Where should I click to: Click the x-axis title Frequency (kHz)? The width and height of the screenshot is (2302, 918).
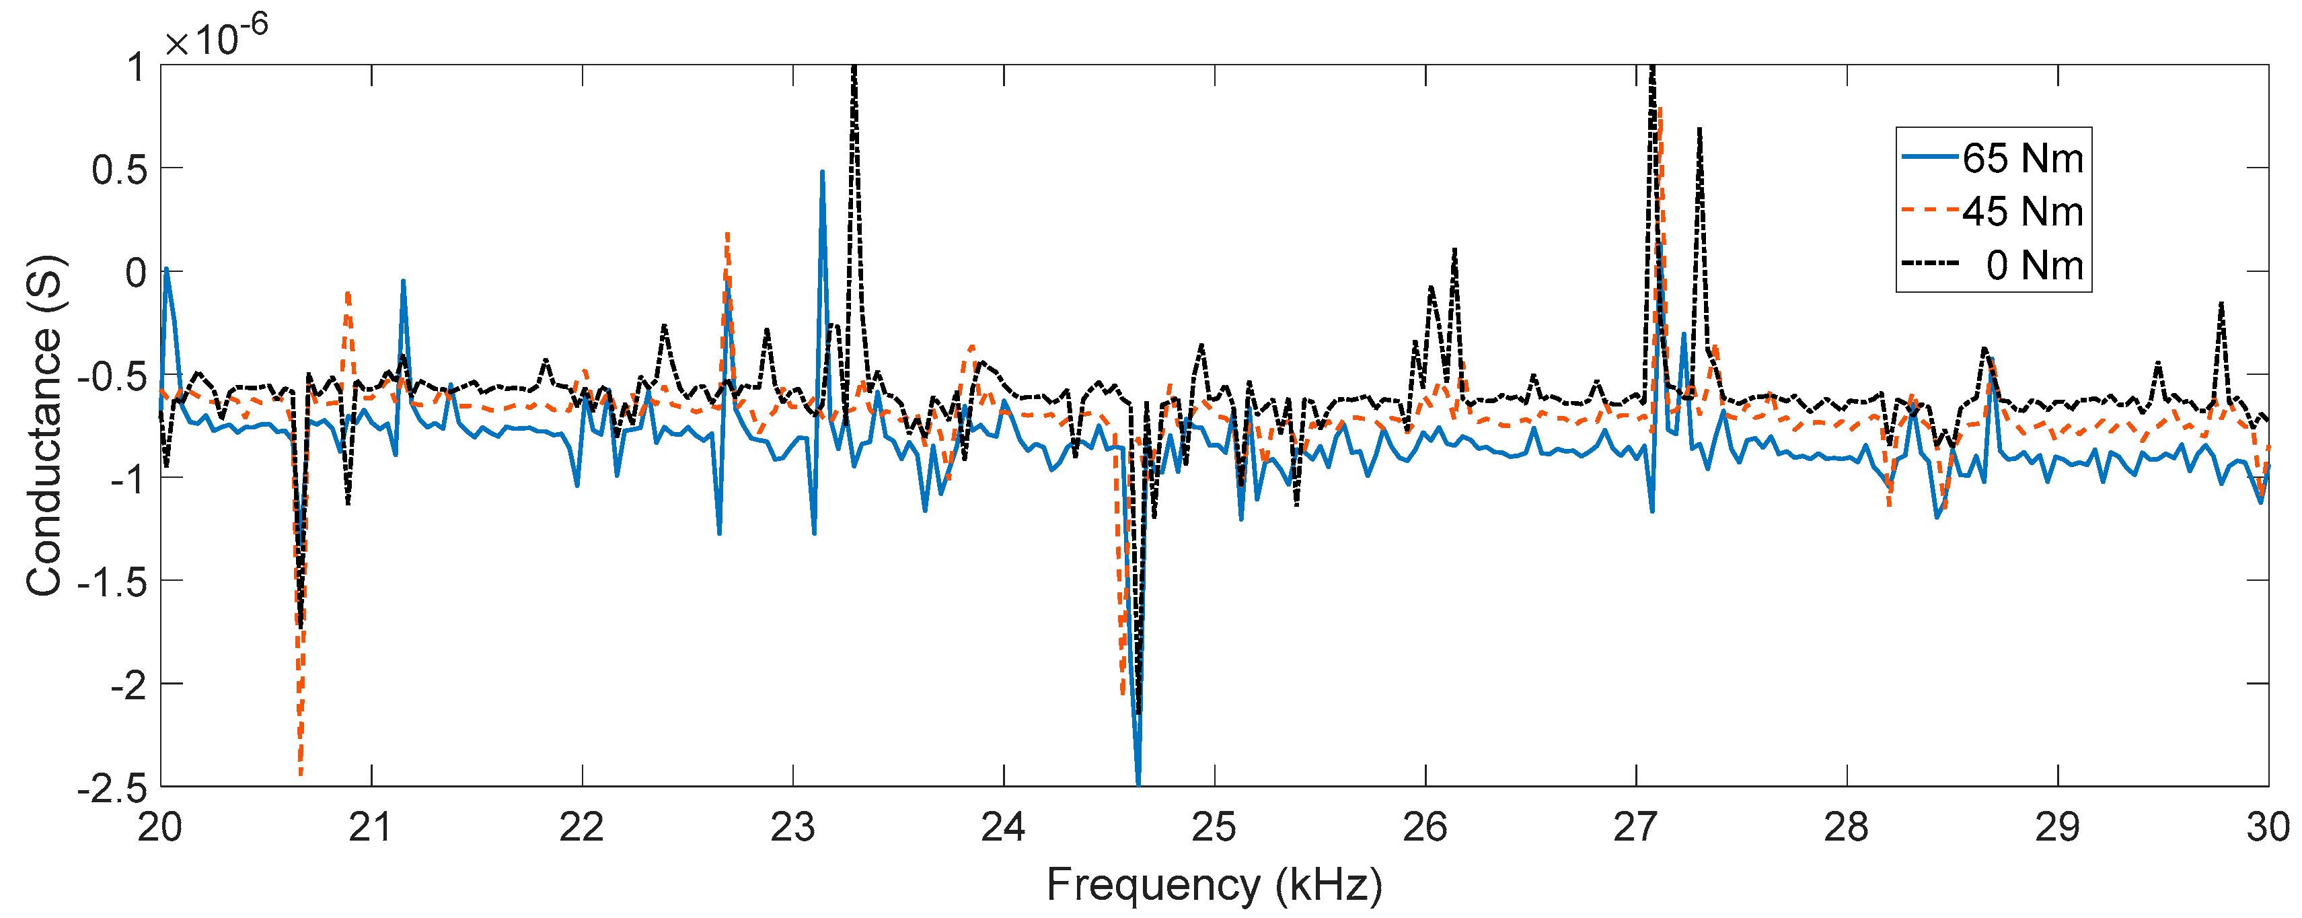1214,885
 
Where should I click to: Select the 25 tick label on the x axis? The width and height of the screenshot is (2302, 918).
1214,827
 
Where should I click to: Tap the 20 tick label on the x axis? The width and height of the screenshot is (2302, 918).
161,827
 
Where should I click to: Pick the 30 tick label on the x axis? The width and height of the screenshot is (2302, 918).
2267,827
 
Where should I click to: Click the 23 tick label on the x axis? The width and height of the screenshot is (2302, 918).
792,827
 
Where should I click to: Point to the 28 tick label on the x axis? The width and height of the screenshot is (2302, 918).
1847,827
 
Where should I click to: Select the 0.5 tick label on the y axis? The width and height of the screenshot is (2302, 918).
119,170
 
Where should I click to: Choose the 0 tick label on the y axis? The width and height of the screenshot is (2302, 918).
136,273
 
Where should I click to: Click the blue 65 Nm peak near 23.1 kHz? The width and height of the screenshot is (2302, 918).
822,172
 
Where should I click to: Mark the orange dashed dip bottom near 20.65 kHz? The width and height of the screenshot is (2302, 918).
300,774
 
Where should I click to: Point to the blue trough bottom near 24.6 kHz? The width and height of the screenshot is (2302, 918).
1138,783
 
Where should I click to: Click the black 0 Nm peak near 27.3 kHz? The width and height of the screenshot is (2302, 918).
1699,131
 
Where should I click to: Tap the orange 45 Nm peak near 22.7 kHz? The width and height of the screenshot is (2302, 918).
727,234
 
